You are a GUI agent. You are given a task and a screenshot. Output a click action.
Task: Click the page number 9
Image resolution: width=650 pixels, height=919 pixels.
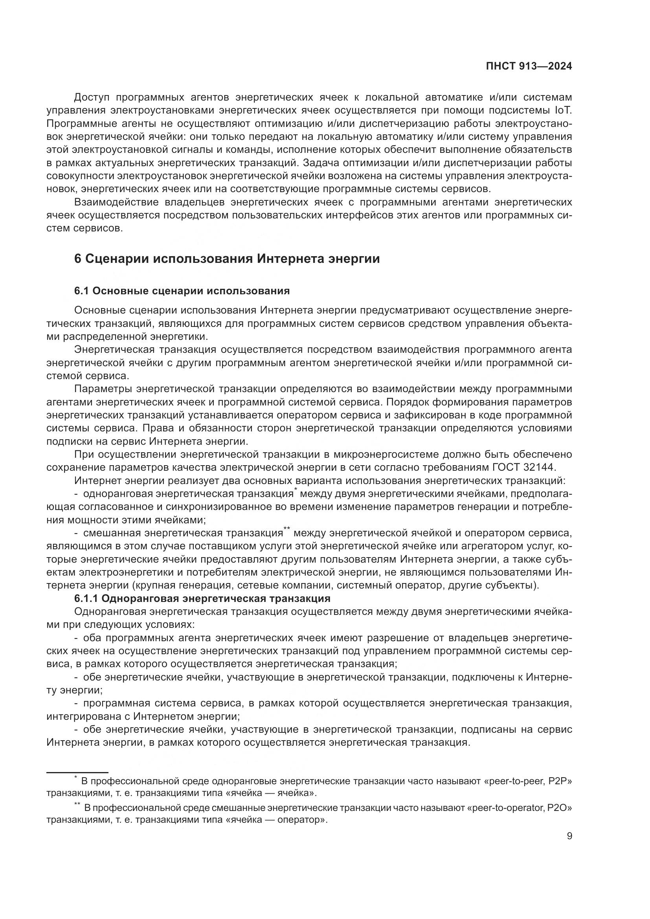(x=569, y=836)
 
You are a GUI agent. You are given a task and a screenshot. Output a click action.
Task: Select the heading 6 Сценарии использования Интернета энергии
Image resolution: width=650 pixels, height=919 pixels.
(x=226, y=259)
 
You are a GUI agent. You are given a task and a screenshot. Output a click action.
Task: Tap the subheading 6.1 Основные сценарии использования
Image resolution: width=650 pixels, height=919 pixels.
(x=182, y=291)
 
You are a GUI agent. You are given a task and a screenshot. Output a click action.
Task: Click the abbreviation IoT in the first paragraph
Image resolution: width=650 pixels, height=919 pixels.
(x=563, y=110)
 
